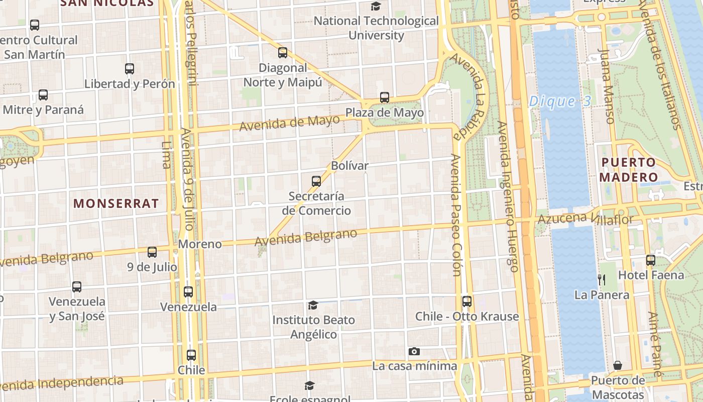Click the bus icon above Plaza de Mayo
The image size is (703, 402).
(385, 97)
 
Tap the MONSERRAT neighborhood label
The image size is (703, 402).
(116, 204)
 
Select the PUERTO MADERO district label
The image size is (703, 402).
(628, 169)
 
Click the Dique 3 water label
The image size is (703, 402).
(560, 102)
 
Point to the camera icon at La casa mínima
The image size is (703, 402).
(414, 351)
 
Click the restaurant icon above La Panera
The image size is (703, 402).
(602, 280)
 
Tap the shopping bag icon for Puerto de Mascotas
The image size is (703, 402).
(618, 365)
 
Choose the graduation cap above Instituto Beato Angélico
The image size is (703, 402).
(313, 305)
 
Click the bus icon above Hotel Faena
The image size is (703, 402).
(651, 260)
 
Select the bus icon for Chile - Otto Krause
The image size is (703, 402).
(467, 301)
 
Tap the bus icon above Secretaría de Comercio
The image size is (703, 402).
(316, 181)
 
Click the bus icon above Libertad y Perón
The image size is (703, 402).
(130, 69)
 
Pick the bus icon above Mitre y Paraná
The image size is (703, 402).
(43, 94)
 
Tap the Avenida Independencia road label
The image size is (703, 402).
(63, 383)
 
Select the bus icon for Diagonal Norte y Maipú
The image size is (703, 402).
(283, 52)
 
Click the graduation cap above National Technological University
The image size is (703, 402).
(376, 6)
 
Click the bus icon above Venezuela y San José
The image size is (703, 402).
(77, 287)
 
